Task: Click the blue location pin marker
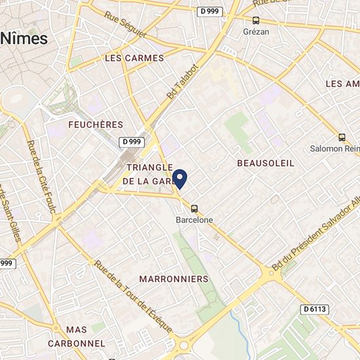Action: click(x=180, y=178)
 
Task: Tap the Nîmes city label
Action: click(x=24, y=38)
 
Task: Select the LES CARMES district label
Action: click(x=134, y=58)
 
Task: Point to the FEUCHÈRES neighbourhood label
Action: click(x=96, y=124)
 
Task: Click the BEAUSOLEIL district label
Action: click(x=266, y=162)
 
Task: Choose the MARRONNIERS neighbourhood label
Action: click(x=174, y=279)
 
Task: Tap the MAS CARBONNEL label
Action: click(x=77, y=336)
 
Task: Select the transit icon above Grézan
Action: click(x=256, y=20)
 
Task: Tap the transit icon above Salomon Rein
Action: click(x=342, y=137)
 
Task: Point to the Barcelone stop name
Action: click(x=194, y=221)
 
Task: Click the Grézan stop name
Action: click(x=257, y=31)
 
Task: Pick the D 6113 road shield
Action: click(x=315, y=309)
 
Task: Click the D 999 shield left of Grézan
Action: click(x=210, y=11)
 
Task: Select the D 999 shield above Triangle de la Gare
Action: click(x=131, y=141)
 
